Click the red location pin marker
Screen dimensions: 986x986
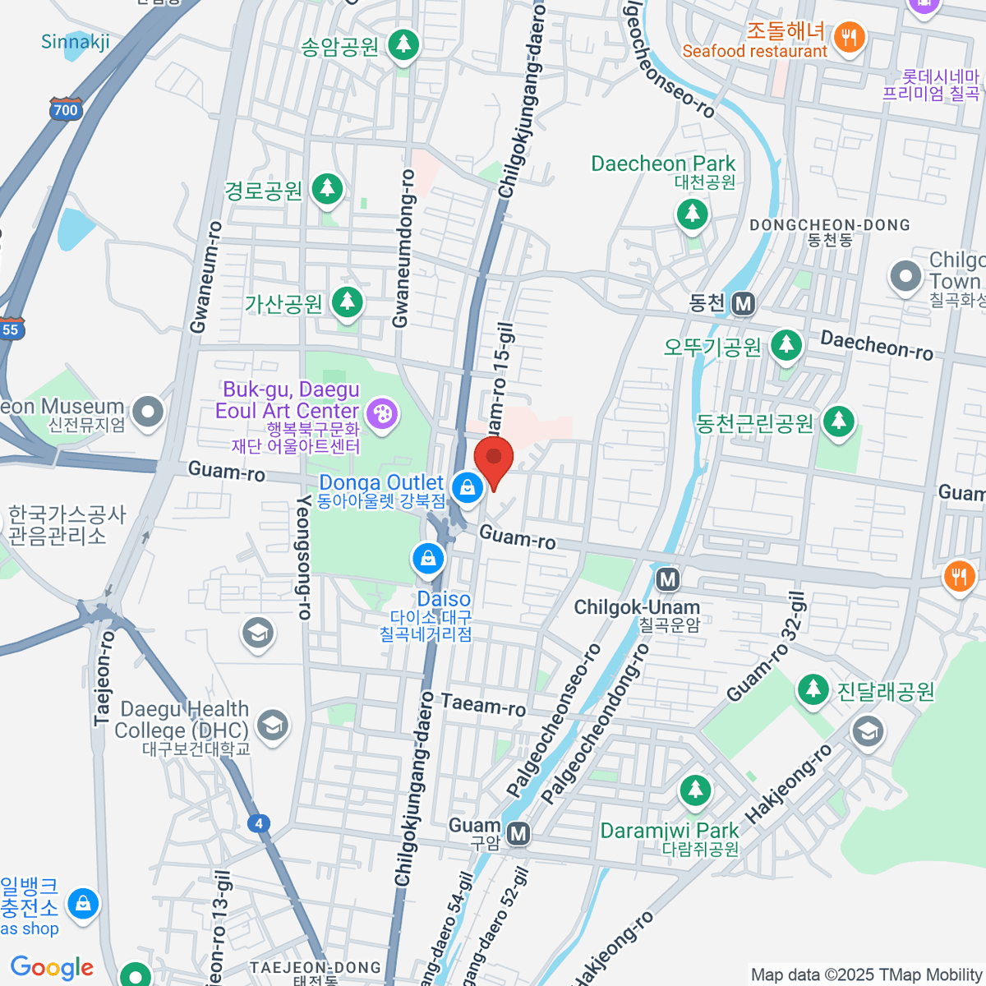tap(494, 461)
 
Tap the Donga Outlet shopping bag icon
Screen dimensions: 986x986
tap(468, 487)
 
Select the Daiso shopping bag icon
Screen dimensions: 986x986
tap(427, 560)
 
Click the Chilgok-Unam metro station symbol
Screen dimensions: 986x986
tap(667, 579)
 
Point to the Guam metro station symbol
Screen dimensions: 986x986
tap(518, 834)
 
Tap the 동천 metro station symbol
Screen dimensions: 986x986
tap(744, 304)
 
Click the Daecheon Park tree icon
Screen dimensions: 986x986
tap(693, 214)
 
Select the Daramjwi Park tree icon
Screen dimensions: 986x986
tap(696, 790)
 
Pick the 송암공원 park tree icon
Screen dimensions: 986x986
tap(403, 45)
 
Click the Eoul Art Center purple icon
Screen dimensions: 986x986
tap(382, 413)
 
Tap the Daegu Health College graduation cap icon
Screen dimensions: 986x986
tap(272, 725)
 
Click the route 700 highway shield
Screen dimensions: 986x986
tap(65, 109)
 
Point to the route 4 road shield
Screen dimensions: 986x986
tap(260, 823)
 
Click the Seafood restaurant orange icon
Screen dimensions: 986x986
tap(850, 37)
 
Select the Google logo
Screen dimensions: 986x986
tap(53, 967)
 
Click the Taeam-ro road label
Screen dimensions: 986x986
tap(483, 704)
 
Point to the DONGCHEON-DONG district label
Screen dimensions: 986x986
tap(830, 225)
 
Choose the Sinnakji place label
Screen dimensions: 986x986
tap(76, 42)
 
